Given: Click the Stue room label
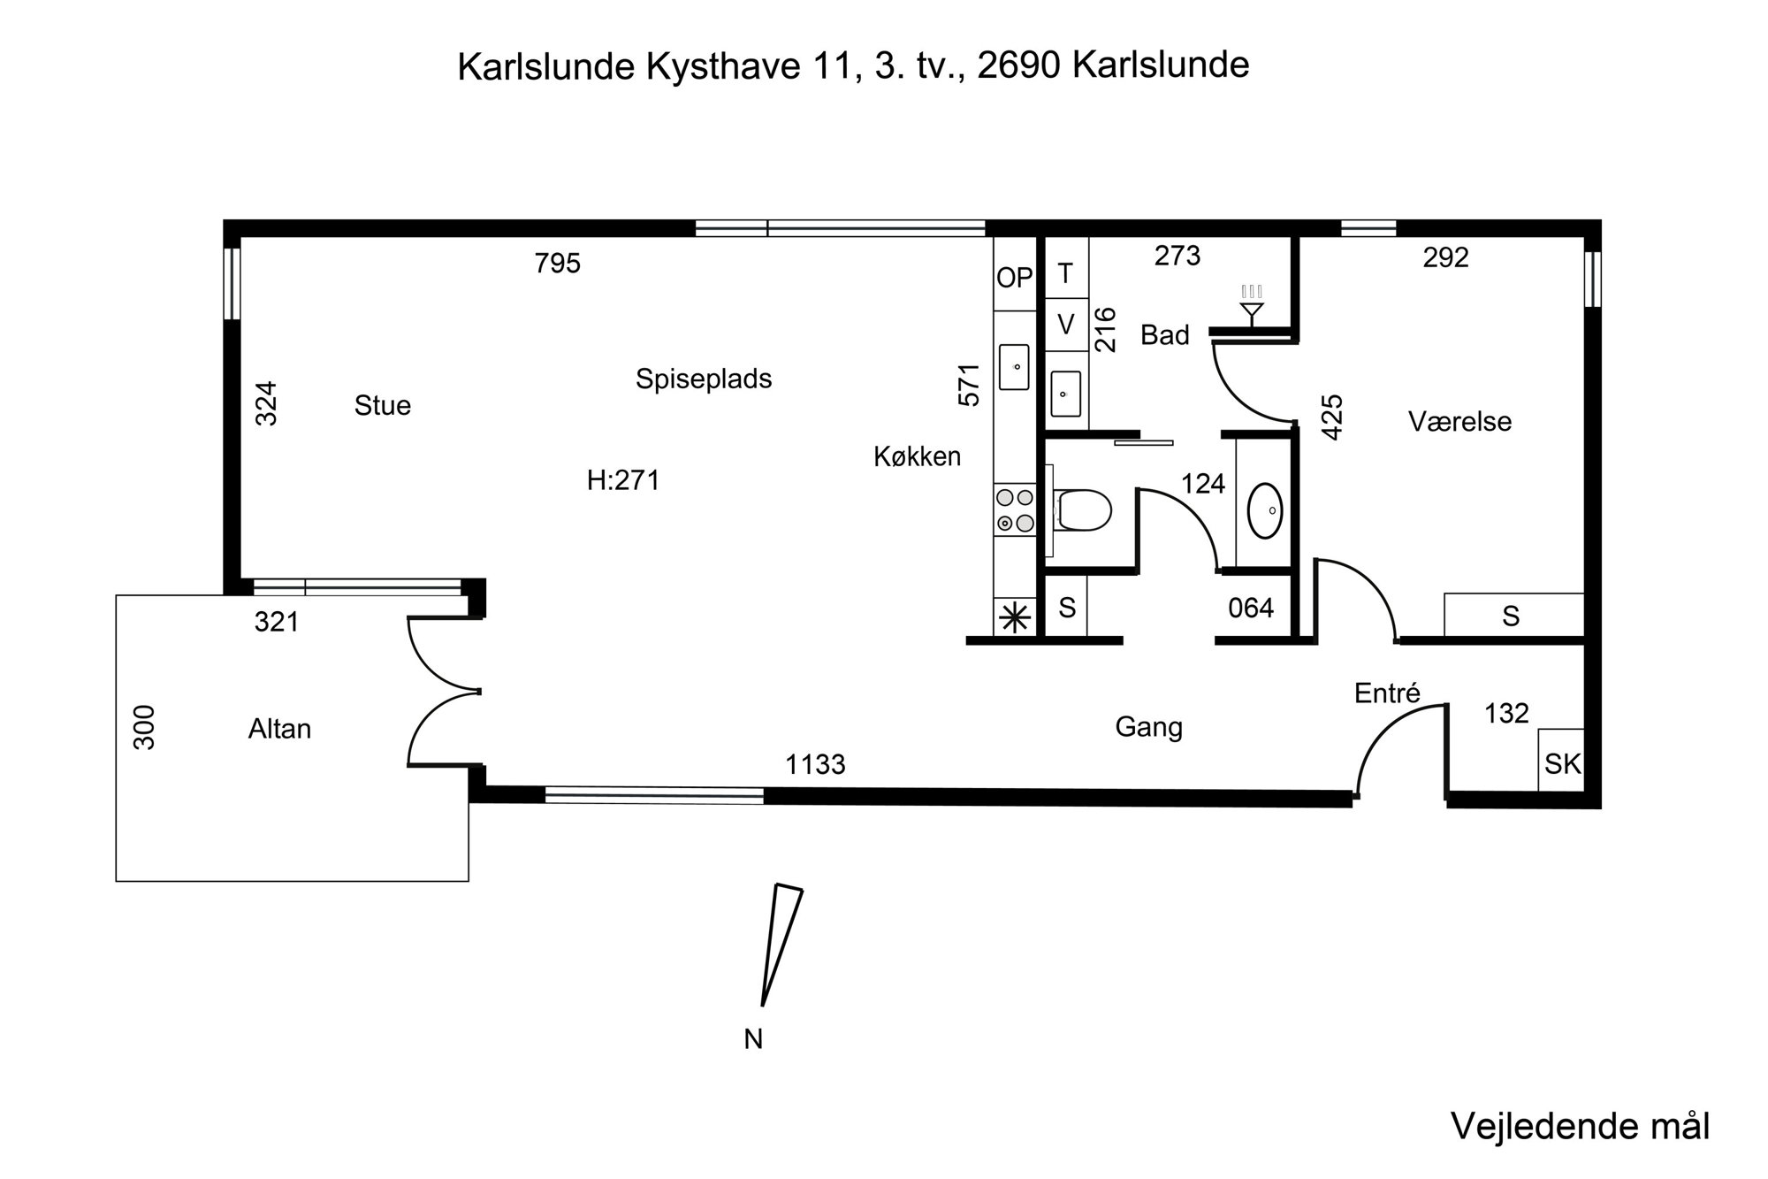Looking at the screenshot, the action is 382,405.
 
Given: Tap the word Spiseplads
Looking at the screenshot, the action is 704,379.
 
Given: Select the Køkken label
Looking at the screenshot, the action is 917,456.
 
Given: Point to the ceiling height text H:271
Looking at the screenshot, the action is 623,480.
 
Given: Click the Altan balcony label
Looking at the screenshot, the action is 279,729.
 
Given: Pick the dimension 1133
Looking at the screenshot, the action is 815,764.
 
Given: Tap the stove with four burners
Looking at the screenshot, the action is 1015,510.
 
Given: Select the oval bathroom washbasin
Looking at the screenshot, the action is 1266,510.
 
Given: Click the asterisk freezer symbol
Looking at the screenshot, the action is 1015,617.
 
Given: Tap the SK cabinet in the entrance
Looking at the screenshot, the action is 1561,761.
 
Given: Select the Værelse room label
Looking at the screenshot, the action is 1459,421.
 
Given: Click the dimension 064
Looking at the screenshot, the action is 1251,608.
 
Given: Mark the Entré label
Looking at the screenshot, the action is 1387,693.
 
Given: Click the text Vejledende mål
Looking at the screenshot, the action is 1581,1127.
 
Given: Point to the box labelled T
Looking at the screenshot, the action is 1066,273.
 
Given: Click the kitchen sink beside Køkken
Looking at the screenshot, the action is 1015,367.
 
